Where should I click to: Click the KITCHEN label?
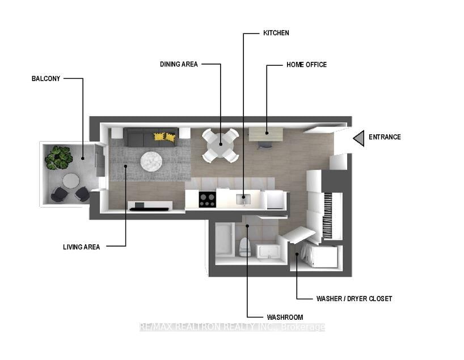coord(276,33)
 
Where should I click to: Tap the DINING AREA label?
coord(179,65)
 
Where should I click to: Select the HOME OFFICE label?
coord(306,65)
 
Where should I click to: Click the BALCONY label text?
coord(46,79)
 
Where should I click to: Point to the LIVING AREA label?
coord(82,247)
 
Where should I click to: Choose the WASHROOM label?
coord(285,317)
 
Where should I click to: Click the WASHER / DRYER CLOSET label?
coord(354,299)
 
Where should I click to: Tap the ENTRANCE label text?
coord(385,137)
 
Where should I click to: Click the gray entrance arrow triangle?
coord(358,138)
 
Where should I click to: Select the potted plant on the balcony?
coord(58,157)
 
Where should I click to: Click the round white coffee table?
coord(151,162)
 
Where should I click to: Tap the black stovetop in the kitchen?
coord(207,200)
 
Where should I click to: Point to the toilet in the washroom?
coord(245,247)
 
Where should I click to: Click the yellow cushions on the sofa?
coord(164,137)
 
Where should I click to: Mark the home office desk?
coord(265,134)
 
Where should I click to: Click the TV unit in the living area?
coord(149,205)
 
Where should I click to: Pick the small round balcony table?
coord(71,181)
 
